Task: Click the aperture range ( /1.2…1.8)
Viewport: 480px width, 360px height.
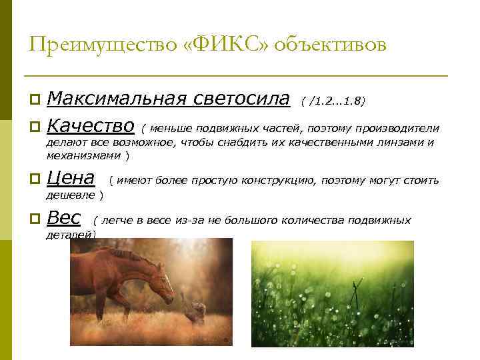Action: [333, 101]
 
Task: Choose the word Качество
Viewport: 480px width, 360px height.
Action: [91, 126]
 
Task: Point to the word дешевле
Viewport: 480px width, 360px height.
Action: [70, 195]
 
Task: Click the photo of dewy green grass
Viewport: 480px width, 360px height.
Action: [332, 293]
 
